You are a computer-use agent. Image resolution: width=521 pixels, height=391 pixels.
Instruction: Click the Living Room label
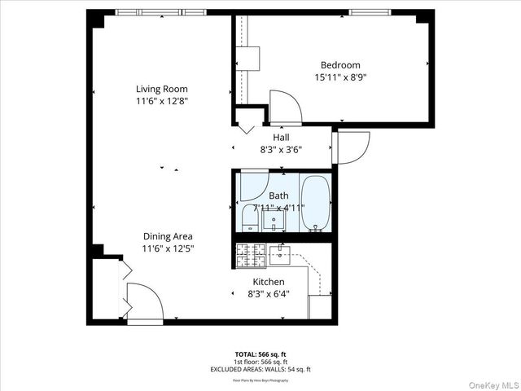[x=161, y=89]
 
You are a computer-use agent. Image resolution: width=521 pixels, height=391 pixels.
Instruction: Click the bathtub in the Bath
[x=314, y=203]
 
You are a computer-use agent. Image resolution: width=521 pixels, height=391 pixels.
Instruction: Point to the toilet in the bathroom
[x=250, y=219]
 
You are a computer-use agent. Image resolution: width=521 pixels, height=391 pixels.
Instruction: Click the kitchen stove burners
[x=251, y=255]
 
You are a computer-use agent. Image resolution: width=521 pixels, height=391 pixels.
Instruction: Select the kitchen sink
[x=281, y=255]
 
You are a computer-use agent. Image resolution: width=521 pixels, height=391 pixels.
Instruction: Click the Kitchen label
[x=269, y=281]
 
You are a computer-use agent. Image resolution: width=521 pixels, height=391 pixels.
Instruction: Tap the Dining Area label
[x=168, y=236]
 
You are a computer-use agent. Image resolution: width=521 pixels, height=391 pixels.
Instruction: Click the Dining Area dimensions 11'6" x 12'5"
[x=168, y=248]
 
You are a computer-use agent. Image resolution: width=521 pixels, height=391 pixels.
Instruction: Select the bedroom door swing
[x=286, y=107]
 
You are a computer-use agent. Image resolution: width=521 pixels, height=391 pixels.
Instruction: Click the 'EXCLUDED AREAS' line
[x=260, y=369]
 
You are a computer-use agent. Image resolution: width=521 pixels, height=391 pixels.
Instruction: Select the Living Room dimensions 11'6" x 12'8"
[x=161, y=101]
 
